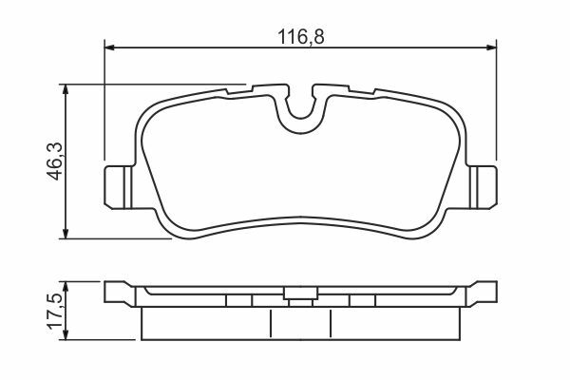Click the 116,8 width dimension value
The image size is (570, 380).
click(300, 37)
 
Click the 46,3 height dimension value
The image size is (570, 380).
click(55, 161)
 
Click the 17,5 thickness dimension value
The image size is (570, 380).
click(55, 311)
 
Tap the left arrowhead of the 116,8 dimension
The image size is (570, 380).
click(109, 47)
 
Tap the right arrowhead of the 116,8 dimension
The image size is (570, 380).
click(491, 47)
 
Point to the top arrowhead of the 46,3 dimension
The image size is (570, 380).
click(66, 89)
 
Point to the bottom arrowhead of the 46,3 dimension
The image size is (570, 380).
click(66, 234)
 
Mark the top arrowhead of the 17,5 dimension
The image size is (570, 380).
click(66, 286)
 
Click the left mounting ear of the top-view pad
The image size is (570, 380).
click(119, 187)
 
